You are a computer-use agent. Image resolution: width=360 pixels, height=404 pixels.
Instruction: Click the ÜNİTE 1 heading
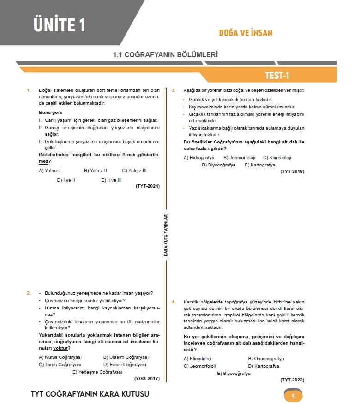pyautogui.click(x=59, y=24)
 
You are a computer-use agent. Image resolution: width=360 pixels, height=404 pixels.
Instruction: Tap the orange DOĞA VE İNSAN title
pyautogui.click(x=246, y=33)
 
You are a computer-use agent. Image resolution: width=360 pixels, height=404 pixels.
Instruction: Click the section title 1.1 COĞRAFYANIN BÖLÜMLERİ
pyautogui.click(x=165, y=54)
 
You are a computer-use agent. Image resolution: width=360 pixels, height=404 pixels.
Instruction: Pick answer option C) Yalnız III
pyautogui.click(x=134, y=171)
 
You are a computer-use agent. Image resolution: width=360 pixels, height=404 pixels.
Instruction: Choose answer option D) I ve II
pyautogui.click(x=66, y=180)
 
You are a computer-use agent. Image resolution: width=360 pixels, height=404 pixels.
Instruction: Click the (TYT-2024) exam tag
pyautogui.click(x=147, y=186)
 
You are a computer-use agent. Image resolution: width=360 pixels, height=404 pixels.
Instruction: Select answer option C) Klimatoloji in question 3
pyautogui.click(x=277, y=158)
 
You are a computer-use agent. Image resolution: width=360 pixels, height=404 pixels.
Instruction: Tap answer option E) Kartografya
pyautogui.click(x=260, y=165)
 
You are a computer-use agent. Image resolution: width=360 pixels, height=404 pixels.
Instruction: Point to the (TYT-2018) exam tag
pyautogui.click(x=292, y=172)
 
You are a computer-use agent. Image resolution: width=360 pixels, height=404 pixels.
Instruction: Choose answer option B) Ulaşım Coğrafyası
pyautogui.click(x=126, y=357)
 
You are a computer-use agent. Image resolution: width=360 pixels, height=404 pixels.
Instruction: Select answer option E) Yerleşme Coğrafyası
pyautogui.click(x=97, y=372)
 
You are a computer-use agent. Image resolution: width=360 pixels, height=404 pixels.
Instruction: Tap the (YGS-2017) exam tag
pyautogui.click(x=147, y=379)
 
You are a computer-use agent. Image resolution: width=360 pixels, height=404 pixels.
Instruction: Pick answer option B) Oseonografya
pyautogui.click(x=266, y=358)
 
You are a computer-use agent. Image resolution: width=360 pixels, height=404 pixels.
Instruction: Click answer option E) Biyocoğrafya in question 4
pyautogui.click(x=234, y=374)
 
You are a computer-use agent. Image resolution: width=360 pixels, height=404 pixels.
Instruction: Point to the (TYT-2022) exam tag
pyautogui.click(x=292, y=380)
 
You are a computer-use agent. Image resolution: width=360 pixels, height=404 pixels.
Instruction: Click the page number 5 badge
pyautogui.click(x=293, y=395)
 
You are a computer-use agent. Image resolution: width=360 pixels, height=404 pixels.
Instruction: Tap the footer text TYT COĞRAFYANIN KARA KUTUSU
pyautogui.click(x=90, y=394)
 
